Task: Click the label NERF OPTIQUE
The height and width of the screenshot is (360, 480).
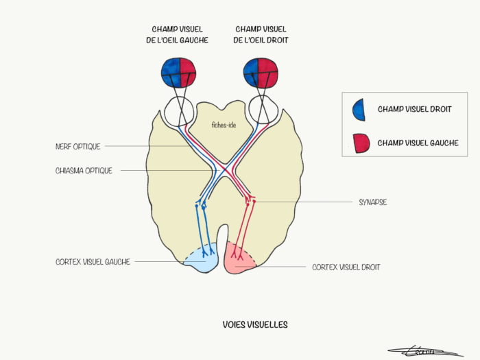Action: coord(77,146)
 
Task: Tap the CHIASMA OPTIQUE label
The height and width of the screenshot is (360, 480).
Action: coord(82,171)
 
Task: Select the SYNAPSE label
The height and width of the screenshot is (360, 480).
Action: coord(372,202)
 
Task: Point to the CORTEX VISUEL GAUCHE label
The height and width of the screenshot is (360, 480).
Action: coord(93,261)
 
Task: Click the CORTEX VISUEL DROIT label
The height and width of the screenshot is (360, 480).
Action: coord(346,267)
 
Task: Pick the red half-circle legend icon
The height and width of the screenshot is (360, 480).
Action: coord(360,143)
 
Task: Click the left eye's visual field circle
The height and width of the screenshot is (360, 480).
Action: coord(179,73)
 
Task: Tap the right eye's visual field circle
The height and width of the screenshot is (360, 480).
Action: coord(261,73)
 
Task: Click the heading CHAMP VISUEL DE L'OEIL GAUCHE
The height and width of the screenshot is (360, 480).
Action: coord(179,34)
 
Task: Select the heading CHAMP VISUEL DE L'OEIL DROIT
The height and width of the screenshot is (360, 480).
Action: coord(261,34)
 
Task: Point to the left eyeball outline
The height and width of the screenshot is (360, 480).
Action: coord(180,110)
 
